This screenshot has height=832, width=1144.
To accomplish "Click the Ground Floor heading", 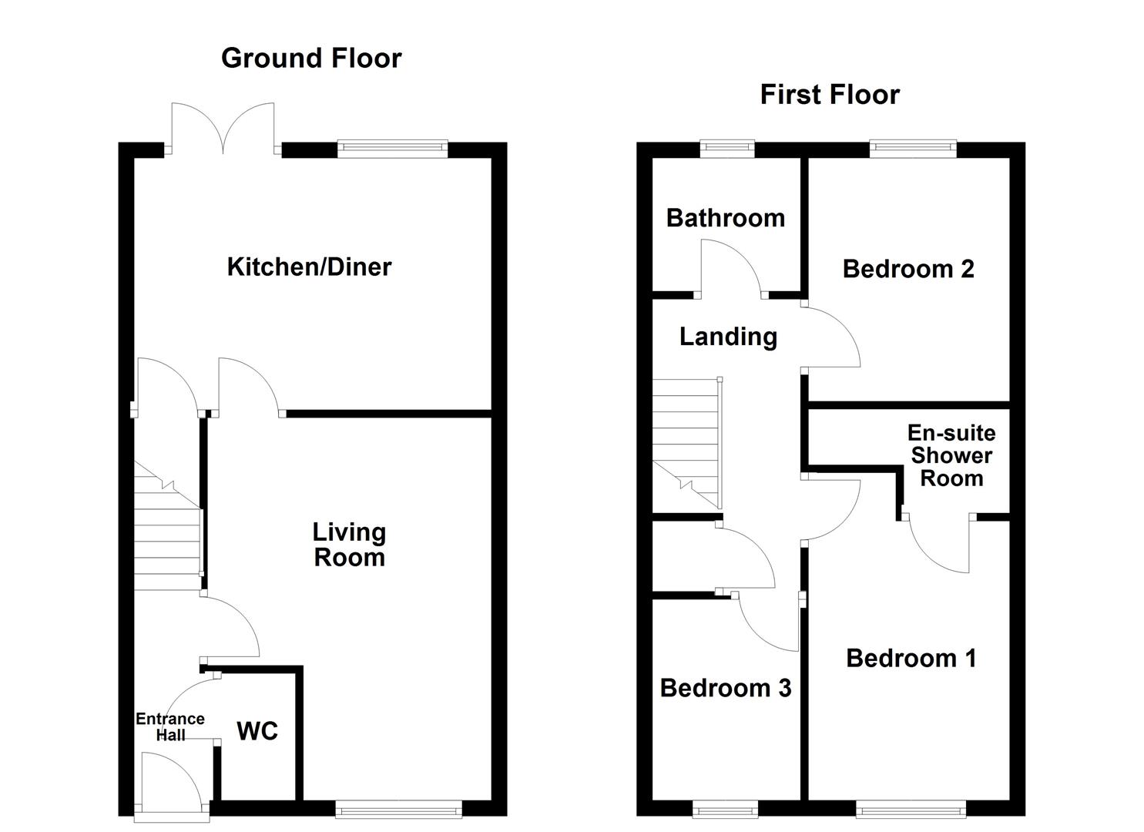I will pyautogui.click(x=311, y=59).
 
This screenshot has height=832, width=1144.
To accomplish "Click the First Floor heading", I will pyautogui.click(x=830, y=95).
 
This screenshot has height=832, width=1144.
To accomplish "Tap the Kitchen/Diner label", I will pyautogui.click(x=309, y=267).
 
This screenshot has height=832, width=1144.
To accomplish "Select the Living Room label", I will pyautogui.click(x=349, y=545).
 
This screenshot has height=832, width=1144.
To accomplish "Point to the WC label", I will pyautogui.click(x=257, y=731).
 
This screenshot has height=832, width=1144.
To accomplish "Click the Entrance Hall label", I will pyautogui.click(x=170, y=726).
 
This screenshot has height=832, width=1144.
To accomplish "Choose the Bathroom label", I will pyautogui.click(x=725, y=218).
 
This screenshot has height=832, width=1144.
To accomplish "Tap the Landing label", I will pyautogui.click(x=728, y=337).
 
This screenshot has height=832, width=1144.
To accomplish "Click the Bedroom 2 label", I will pyautogui.click(x=908, y=269).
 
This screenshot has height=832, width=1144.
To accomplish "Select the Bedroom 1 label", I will pyautogui.click(x=911, y=658).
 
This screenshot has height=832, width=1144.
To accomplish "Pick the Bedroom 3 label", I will pyautogui.click(x=725, y=688).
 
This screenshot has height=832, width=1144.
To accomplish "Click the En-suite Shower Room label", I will pyautogui.click(x=951, y=455).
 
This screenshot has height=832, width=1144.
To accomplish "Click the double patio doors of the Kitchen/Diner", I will pyautogui.click(x=223, y=128).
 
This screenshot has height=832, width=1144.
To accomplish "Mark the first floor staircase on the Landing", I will pyautogui.click(x=686, y=439).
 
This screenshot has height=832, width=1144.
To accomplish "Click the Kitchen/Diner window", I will pyautogui.click(x=392, y=149).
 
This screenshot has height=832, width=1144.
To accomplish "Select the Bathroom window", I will pyautogui.click(x=727, y=149).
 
